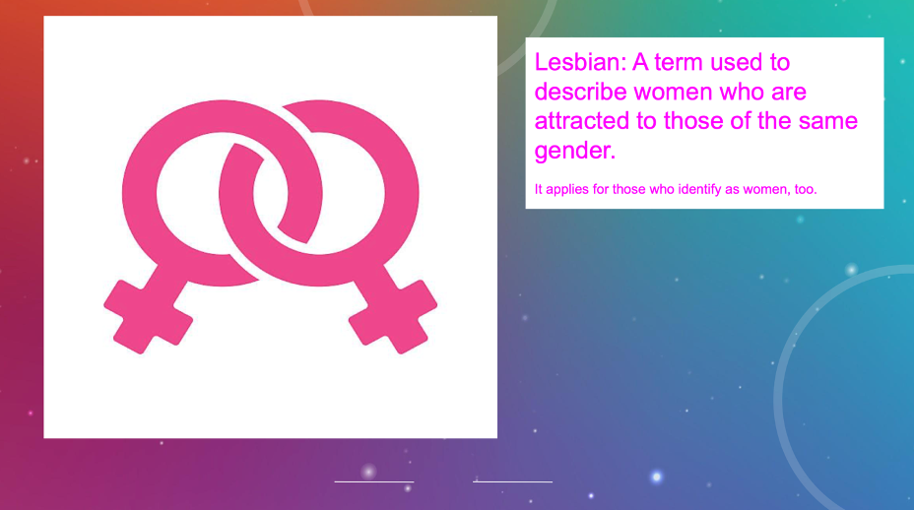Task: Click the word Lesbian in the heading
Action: point(580,62)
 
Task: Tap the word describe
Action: point(580,92)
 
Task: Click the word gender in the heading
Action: point(575,152)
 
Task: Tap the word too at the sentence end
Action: point(806,190)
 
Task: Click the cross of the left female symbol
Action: point(148,315)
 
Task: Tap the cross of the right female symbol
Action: point(393,316)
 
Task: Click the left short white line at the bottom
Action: point(374,482)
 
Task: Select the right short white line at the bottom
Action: point(512,482)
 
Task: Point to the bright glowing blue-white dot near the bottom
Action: point(656,477)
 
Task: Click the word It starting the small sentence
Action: point(538,189)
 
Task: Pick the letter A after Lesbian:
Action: point(640,62)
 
